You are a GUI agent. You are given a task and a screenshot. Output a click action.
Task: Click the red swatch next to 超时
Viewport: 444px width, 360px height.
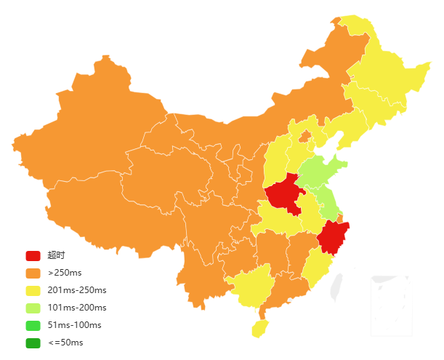coord(33,255)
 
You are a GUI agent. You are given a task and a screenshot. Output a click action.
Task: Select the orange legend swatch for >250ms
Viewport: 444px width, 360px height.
coord(33,273)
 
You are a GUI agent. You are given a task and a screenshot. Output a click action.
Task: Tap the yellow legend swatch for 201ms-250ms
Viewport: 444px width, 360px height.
coord(33,291)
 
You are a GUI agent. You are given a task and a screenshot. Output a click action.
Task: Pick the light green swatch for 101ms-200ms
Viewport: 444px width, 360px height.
coord(33,308)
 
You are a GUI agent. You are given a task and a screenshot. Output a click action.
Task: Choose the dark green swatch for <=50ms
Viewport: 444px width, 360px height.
coord(33,343)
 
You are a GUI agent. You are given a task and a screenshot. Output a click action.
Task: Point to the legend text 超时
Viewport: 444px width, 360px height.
coord(56,255)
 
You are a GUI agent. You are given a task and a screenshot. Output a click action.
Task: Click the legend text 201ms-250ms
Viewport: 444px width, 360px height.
coord(77,291)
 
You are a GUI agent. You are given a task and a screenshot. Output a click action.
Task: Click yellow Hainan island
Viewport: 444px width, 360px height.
coord(259,328)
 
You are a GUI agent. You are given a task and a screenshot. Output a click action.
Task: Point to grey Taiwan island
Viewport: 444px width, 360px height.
coord(336,287)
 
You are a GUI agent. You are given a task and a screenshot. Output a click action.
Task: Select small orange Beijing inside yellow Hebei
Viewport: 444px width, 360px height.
coord(305,135)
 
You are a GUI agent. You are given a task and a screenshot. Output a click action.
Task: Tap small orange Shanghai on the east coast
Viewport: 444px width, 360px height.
coord(340,218)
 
